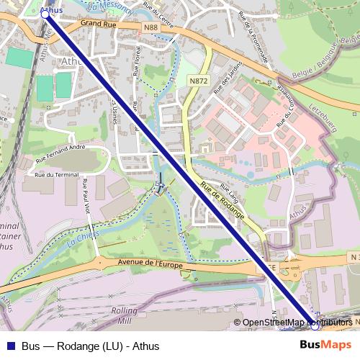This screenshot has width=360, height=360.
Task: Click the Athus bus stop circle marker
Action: (x=45, y=14)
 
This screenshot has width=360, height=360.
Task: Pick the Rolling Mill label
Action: (x=123, y=315)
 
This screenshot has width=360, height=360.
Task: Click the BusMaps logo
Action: (x=325, y=346)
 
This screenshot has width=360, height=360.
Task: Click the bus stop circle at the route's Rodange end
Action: (x=314, y=325)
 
